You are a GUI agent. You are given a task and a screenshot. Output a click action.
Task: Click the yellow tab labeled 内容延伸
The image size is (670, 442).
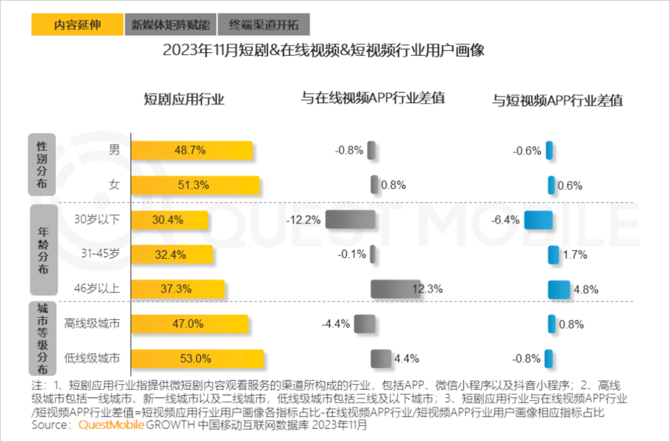[x=76, y=25]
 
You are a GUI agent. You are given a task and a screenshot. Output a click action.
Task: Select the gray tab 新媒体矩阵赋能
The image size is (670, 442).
[x=170, y=25]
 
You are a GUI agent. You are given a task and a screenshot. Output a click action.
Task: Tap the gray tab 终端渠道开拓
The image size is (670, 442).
[x=264, y=25]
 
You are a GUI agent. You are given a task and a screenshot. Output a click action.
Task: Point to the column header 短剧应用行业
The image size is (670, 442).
[x=184, y=99]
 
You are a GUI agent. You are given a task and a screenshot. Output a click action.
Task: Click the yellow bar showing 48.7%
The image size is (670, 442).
[x=192, y=151]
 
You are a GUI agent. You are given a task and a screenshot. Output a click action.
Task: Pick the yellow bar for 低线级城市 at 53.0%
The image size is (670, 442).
[x=197, y=359]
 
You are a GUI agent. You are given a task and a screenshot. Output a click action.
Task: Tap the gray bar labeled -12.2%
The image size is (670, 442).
[x=350, y=220]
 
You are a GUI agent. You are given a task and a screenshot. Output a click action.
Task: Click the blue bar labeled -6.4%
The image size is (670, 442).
[x=538, y=220]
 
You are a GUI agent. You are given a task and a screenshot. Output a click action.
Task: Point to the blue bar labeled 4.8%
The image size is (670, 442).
[x=558, y=290]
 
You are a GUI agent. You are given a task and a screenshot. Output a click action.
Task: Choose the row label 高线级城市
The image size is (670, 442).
[x=92, y=324]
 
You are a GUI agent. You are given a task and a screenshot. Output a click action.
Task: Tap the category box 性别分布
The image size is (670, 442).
[x=42, y=165]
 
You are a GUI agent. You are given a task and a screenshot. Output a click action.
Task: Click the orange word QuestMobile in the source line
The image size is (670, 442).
[x=111, y=425]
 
